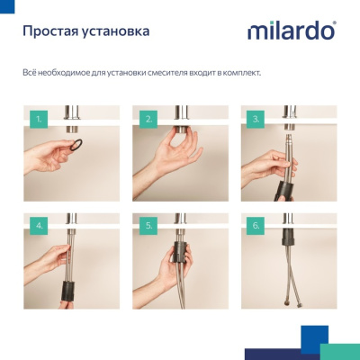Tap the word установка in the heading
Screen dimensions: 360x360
(x=117, y=31)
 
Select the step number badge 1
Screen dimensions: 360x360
(x=39, y=118)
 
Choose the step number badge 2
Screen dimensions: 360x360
(x=148, y=118)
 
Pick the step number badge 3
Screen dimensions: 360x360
(x=256, y=118)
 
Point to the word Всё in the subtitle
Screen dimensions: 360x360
(x=30, y=71)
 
